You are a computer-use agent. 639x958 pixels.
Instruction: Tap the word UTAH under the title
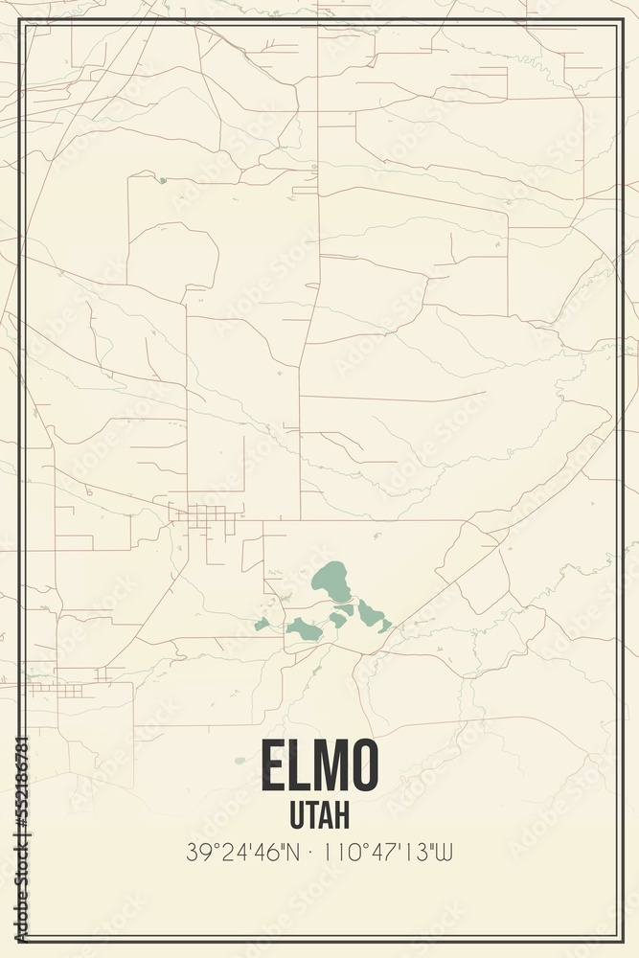coord(319,814)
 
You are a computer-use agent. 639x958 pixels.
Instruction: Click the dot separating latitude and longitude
coord(313,852)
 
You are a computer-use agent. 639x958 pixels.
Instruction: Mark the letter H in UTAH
coord(340,814)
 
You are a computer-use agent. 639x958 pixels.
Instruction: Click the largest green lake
coord(331,581)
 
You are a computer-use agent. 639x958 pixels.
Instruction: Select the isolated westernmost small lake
coord(262,624)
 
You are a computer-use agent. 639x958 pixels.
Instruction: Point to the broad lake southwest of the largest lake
coord(305,629)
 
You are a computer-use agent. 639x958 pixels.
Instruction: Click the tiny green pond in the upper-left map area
coord(163,180)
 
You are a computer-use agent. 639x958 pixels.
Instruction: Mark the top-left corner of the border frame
coord(21,20)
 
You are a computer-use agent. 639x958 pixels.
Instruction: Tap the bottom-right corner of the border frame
coord(620,940)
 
